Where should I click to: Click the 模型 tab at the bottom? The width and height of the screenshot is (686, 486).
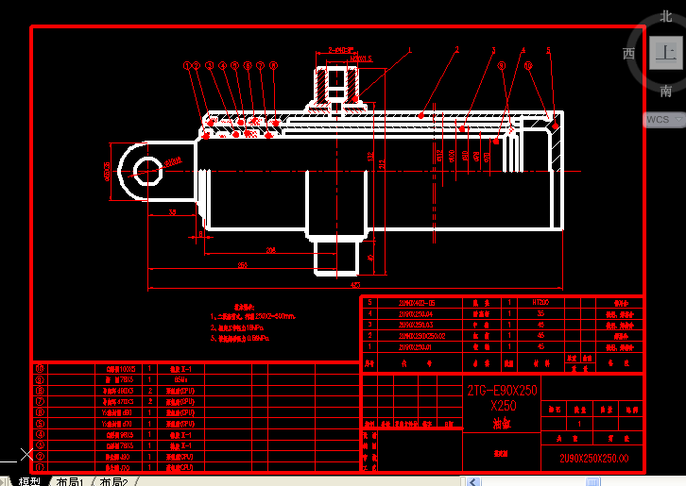coord(29,481)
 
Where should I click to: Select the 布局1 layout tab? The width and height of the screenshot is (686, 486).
coord(70,481)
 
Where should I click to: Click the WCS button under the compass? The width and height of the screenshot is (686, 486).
coord(660,120)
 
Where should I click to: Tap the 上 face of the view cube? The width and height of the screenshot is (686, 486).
coord(665,52)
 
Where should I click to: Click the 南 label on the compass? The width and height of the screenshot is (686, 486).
coord(666,92)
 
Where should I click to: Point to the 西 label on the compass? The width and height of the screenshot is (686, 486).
coord(628,53)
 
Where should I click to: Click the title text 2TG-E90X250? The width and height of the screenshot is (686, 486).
coord(502,391)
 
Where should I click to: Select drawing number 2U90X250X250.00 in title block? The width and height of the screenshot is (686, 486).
coord(593,460)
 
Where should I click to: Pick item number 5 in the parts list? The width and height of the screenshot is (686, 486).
coord(370,304)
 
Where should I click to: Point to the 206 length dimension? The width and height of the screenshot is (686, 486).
coord(271,251)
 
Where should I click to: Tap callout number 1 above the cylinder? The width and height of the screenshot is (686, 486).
coord(410,49)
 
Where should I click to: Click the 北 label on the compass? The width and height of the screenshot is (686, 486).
coord(666,16)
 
